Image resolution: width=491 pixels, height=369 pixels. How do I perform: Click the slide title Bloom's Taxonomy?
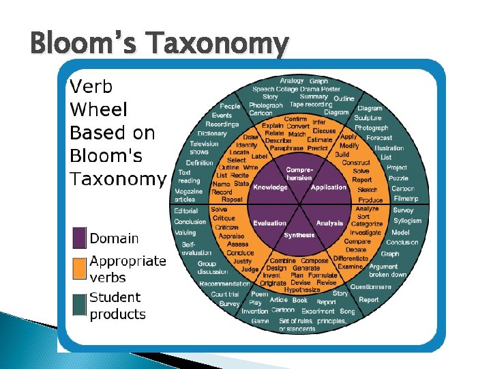click(x=160, y=44)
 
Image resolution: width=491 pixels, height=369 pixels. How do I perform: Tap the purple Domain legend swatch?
click(x=79, y=238)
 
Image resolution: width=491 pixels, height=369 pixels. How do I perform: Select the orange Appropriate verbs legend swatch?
click(x=79, y=269)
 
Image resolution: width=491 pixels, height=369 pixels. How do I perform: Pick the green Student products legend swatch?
click(x=79, y=305)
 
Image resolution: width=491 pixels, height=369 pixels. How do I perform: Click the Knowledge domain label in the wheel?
click(x=270, y=187)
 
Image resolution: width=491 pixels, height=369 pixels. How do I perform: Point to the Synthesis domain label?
click(x=299, y=235)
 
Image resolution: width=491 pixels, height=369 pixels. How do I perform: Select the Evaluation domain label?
click(x=269, y=223)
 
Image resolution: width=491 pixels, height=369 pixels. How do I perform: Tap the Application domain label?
click(x=329, y=187)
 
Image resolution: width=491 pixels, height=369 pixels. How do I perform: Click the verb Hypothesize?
click(x=302, y=290)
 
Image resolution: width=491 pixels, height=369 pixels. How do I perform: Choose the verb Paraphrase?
click(x=286, y=148)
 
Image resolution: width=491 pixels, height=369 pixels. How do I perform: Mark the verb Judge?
click(x=250, y=269)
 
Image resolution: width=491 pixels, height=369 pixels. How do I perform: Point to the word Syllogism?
click(x=408, y=221)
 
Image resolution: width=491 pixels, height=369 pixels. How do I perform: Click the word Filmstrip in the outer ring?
click(x=406, y=199)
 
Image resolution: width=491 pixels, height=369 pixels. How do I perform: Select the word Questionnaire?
click(x=371, y=287)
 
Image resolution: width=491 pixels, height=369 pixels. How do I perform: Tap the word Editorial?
click(x=186, y=211)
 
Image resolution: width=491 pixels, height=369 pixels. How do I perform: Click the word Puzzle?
click(x=398, y=178)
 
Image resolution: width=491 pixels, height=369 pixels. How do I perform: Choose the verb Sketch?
click(x=367, y=190)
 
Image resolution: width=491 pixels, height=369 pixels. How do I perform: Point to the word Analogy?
click(x=292, y=81)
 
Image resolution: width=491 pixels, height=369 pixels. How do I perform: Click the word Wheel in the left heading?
click(x=95, y=109)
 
